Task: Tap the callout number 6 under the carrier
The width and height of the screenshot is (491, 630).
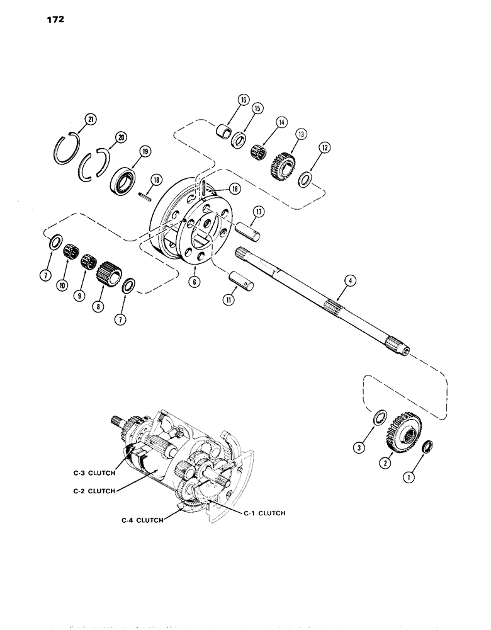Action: (x=196, y=283)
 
